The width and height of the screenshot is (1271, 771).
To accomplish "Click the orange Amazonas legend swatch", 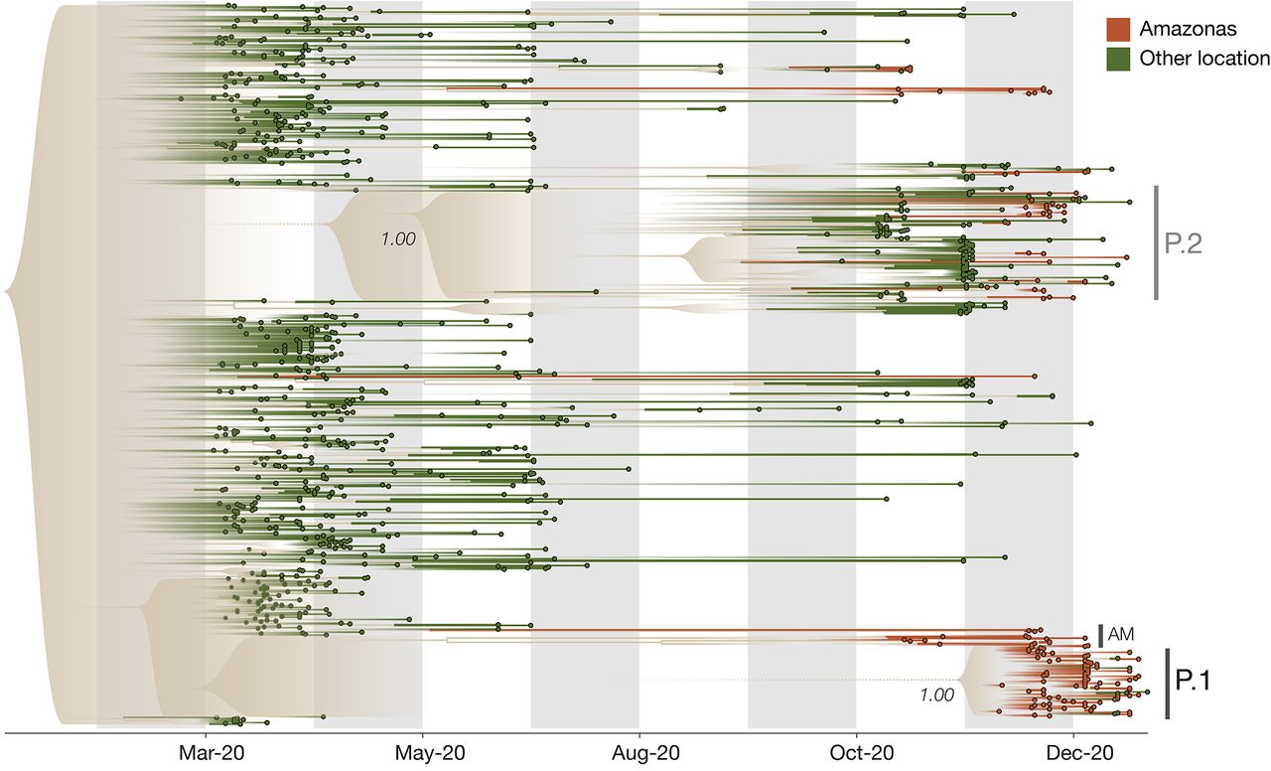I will (x=1119, y=30).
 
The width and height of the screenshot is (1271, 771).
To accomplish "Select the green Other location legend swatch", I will (x=1119, y=59).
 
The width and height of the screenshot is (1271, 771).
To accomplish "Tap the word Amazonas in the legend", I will (x=1181, y=30).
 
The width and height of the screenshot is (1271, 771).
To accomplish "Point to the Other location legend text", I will (x=1204, y=59).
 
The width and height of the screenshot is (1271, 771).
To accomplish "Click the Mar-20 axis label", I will (x=207, y=753).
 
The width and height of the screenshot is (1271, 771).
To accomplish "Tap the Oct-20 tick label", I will (x=857, y=753).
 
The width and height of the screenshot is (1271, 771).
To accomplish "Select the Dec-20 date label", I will (x=1074, y=753).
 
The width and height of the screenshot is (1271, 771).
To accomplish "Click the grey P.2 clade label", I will (x=1184, y=243).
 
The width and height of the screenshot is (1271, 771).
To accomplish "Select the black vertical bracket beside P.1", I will (x=1167, y=684).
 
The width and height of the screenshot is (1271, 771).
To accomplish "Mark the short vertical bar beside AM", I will (x=1101, y=635).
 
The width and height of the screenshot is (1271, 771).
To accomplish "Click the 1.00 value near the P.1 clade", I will (x=936, y=695).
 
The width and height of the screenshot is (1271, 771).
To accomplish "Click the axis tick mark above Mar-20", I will (x=207, y=738).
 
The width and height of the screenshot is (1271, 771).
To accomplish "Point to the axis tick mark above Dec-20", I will (x=1074, y=738).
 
